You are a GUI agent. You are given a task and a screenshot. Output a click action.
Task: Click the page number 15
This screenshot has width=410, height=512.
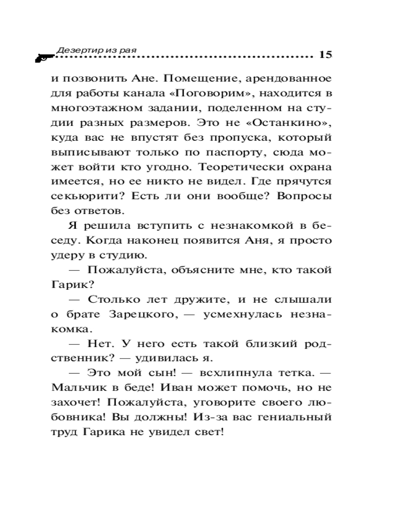pyautogui.click(x=325, y=55)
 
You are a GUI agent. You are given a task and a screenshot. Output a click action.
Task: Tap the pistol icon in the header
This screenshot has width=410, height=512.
pyautogui.click(x=44, y=57)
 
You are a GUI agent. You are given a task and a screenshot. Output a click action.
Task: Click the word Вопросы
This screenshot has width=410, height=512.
pyautogui.click(x=306, y=197)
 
